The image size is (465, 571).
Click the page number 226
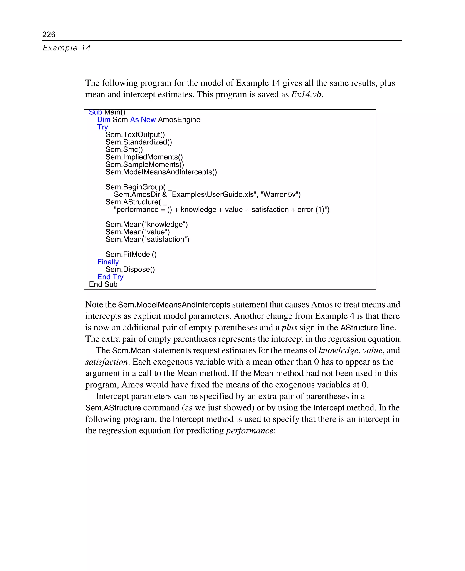click(49, 34)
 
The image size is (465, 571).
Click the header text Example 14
click(67, 48)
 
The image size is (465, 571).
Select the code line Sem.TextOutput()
click(135, 134)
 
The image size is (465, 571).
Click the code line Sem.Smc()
click(124, 149)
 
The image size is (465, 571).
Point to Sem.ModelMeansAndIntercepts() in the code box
click(161, 172)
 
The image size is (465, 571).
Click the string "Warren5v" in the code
click(280, 194)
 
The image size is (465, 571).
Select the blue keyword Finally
click(108, 262)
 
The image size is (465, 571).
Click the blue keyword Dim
click(104, 119)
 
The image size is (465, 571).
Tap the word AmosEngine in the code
click(179, 119)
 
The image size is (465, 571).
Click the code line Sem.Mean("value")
click(137, 232)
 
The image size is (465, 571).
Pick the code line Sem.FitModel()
click(131, 254)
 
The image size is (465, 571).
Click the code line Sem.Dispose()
click(130, 269)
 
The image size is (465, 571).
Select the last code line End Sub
click(103, 284)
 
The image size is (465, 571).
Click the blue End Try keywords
click(110, 277)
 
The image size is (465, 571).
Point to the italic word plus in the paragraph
click(289, 328)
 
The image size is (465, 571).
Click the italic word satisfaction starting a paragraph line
click(106, 362)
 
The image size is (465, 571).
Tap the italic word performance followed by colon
click(249, 431)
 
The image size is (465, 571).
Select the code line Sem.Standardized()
click(139, 142)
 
